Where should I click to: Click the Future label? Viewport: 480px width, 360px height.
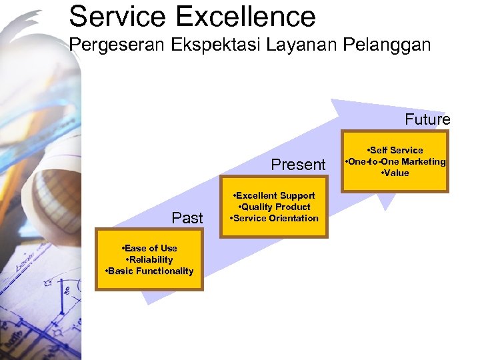pyautogui.click(x=427, y=120)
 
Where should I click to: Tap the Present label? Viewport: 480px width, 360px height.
pyautogui.click(x=298, y=165)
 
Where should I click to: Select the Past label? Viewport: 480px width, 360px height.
pyautogui.click(x=187, y=218)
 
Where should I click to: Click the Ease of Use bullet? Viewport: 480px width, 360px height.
pyautogui.click(x=150, y=248)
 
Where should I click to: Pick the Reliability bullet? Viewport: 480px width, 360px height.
pyautogui.click(x=150, y=259)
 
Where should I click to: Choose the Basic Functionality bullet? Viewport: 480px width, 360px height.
pyautogui.click(x=150, y=271)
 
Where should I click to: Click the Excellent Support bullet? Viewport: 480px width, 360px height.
pyautogui.click(x=275, y=195)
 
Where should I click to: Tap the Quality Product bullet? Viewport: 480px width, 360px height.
pyautogui.click(x=275, y=207)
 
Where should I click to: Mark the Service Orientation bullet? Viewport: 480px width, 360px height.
pyautogui.click(x=275, y=218)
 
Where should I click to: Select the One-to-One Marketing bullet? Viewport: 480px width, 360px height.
pyautogui.click(x=395, y=161)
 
